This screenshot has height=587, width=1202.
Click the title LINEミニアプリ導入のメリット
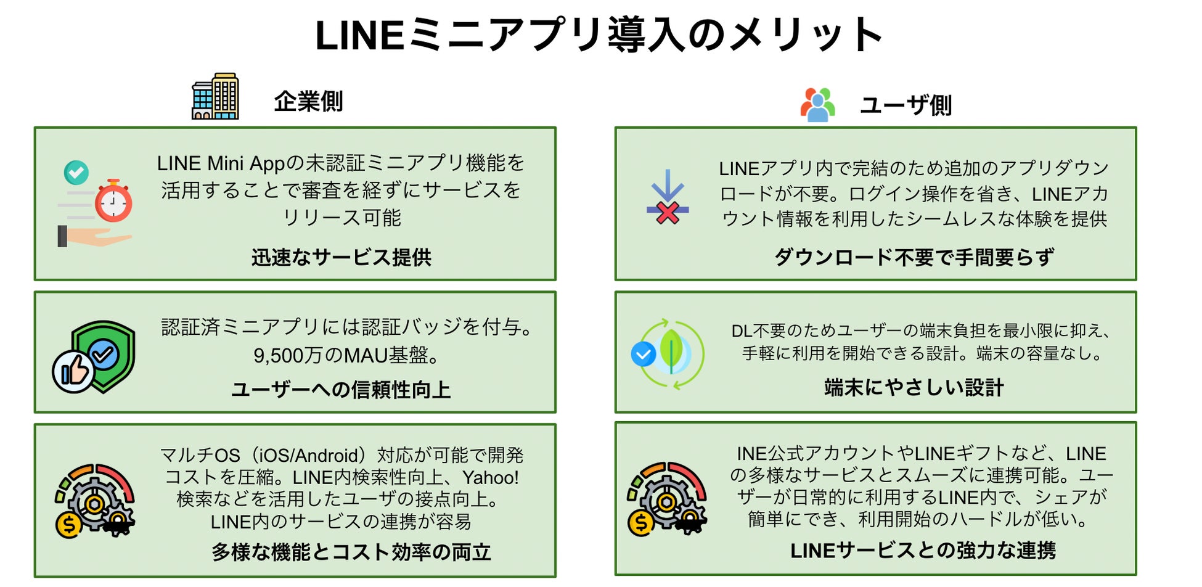[599, 35]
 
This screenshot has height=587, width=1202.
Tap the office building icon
[215, 96]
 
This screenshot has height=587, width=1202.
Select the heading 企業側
[308, 102]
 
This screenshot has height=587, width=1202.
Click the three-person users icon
[817, 104]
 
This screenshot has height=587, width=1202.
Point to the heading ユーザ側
[906, 105]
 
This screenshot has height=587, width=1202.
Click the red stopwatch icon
[113, 202]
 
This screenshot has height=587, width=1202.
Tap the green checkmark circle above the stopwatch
[76, 173]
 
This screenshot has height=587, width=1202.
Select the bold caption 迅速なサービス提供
[341, 257]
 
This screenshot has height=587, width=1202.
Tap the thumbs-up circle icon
[73, 371]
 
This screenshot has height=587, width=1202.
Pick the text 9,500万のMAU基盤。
[346, 355]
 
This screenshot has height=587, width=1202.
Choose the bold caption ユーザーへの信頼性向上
[341, 390]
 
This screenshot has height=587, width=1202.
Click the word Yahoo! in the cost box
[491, 477]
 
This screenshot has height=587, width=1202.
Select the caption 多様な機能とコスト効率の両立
[351, 552]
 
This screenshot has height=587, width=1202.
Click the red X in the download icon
[668, 213]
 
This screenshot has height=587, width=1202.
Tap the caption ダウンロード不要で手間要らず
[914, 257]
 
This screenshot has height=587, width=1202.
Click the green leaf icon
[671, 350]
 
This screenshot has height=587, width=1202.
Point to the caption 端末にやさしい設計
[914, 387]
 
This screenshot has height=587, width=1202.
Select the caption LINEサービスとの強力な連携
[923, 550]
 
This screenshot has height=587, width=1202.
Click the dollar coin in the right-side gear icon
[641, 523]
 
